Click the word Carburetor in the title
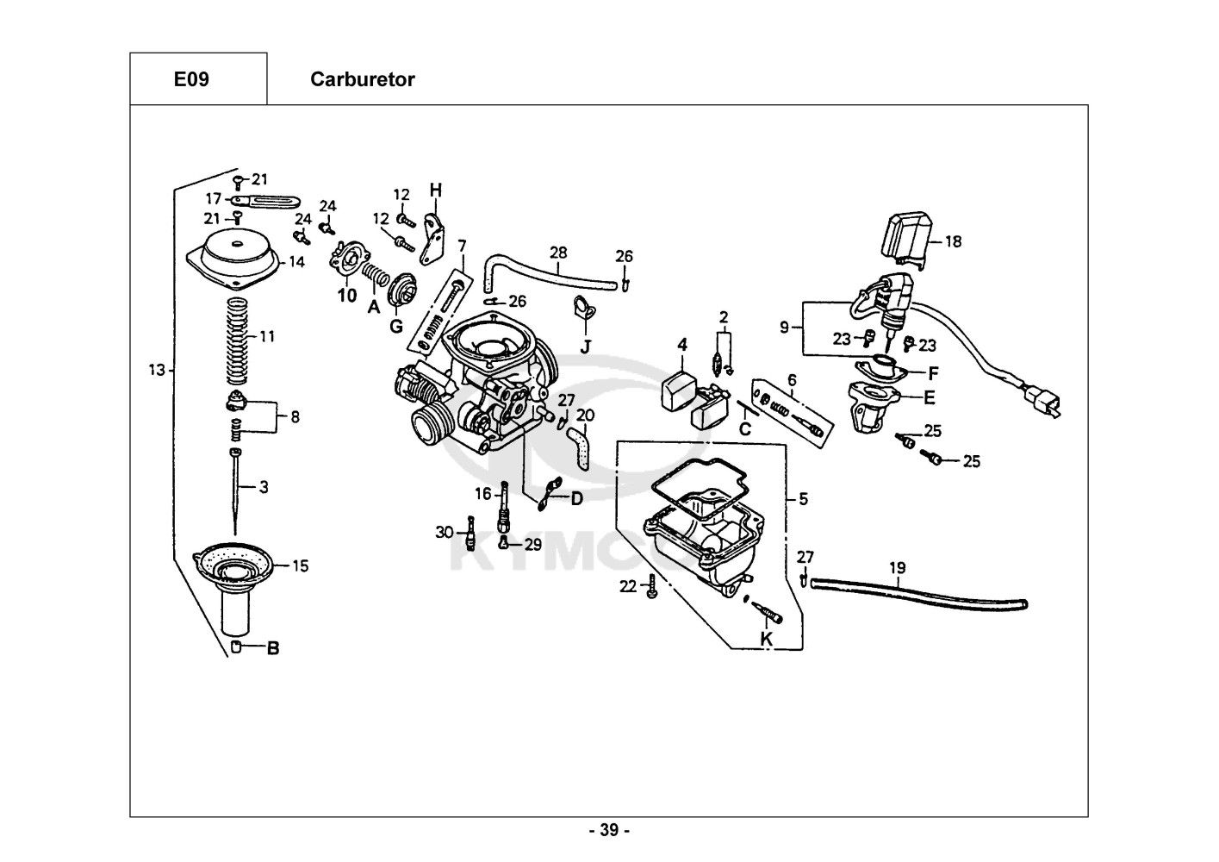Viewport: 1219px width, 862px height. click(362, 80)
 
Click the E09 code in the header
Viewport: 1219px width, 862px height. click(190, 80)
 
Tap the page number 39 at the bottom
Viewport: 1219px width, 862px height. click(609, 831)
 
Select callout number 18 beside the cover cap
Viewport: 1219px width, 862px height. click(953, 242)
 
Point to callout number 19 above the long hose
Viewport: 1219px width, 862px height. click(897, 568)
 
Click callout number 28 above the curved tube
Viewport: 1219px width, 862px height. click(558, 253)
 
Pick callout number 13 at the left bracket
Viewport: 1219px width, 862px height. click(155, 371)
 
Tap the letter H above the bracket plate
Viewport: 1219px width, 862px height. click(435, 190)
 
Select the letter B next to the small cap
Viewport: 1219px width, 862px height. click(272, 648)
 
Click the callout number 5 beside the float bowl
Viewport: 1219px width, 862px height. click(803, 498)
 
